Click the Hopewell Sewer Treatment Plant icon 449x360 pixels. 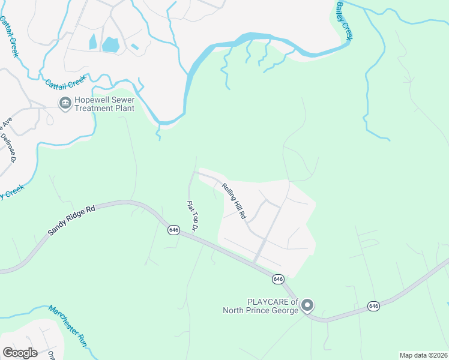point(64,104)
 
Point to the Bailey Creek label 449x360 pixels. point(344,20)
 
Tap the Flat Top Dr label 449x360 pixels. point(193,216)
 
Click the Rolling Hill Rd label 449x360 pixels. point(234,200)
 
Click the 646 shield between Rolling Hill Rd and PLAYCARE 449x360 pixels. point(278,279)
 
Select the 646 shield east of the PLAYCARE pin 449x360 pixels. point(374,306)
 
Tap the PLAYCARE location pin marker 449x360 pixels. point(307,305)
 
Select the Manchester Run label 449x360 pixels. point(68,325)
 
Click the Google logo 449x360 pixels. point(20,353)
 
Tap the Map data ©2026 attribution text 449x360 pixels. point(423,355)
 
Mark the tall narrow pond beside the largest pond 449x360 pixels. point(92,42)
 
